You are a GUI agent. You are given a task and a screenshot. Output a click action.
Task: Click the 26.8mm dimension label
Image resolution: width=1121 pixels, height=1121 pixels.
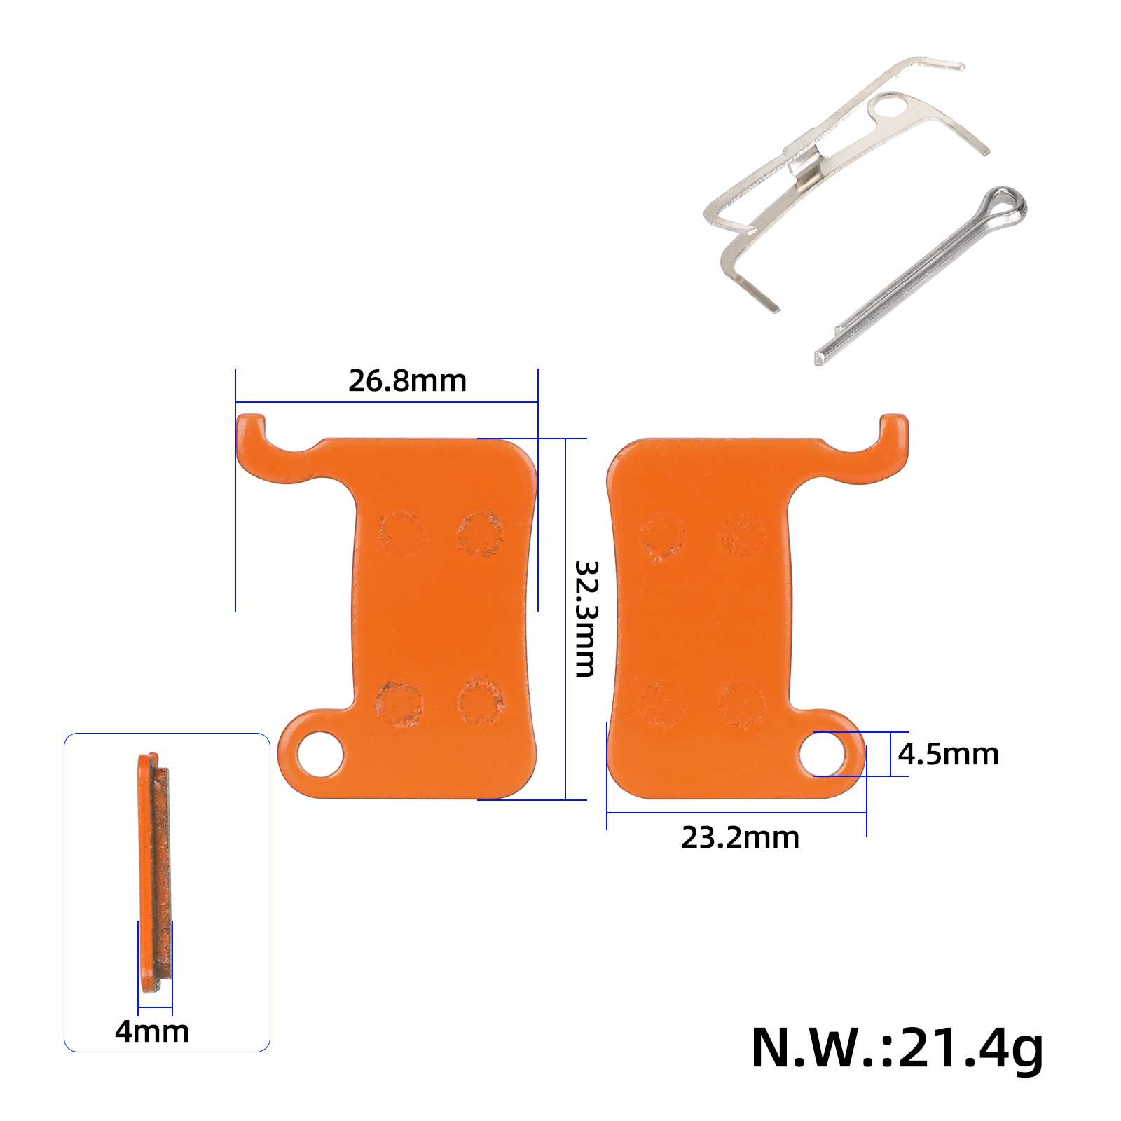[407, 381]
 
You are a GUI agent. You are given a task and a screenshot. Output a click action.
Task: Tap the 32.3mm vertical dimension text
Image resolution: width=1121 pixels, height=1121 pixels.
[585, 618]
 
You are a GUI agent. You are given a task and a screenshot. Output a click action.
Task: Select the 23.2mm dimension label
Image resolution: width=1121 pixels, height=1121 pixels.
[739, 838]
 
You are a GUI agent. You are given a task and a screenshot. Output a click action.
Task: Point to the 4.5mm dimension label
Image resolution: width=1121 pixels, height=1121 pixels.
[948, 755]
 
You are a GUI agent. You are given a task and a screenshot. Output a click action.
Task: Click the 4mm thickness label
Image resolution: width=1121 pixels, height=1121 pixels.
[152, 1031]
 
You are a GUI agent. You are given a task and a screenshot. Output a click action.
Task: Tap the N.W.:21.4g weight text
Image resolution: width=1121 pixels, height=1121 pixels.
[896, 1048]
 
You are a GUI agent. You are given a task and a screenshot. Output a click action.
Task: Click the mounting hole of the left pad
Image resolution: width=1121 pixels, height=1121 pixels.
[320, 755]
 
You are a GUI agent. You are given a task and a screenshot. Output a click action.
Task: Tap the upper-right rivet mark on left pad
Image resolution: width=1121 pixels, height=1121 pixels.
[481, 533]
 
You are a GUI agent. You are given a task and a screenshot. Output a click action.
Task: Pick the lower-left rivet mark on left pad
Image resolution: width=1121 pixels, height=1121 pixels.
[399, 703]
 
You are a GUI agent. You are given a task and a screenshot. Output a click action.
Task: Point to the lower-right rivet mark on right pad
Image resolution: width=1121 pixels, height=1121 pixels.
[742, 703]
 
